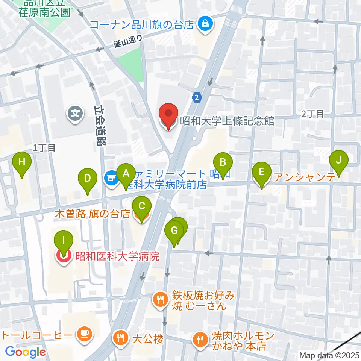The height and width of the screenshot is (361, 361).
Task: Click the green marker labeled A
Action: click(126, 173)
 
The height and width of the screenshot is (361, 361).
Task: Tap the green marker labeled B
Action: click(223, 163)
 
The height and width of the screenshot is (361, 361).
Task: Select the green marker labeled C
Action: click(141, 206)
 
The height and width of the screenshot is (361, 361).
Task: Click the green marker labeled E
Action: click(262, 172)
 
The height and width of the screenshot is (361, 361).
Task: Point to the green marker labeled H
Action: click(22, 162)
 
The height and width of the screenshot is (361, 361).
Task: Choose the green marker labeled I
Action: click(64, 240)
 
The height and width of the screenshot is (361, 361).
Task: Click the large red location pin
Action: click(168, 114)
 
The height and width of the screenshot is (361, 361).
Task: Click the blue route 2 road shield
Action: click(197, 97)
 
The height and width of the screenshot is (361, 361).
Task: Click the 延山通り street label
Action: click(129, 41)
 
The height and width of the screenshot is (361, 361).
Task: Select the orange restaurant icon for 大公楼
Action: click(120, 337)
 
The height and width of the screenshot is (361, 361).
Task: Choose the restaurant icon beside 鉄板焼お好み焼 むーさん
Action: click(160, 300)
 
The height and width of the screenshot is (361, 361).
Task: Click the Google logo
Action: click(25, 352)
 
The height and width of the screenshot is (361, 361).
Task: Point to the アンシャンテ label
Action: click(305, 177)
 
